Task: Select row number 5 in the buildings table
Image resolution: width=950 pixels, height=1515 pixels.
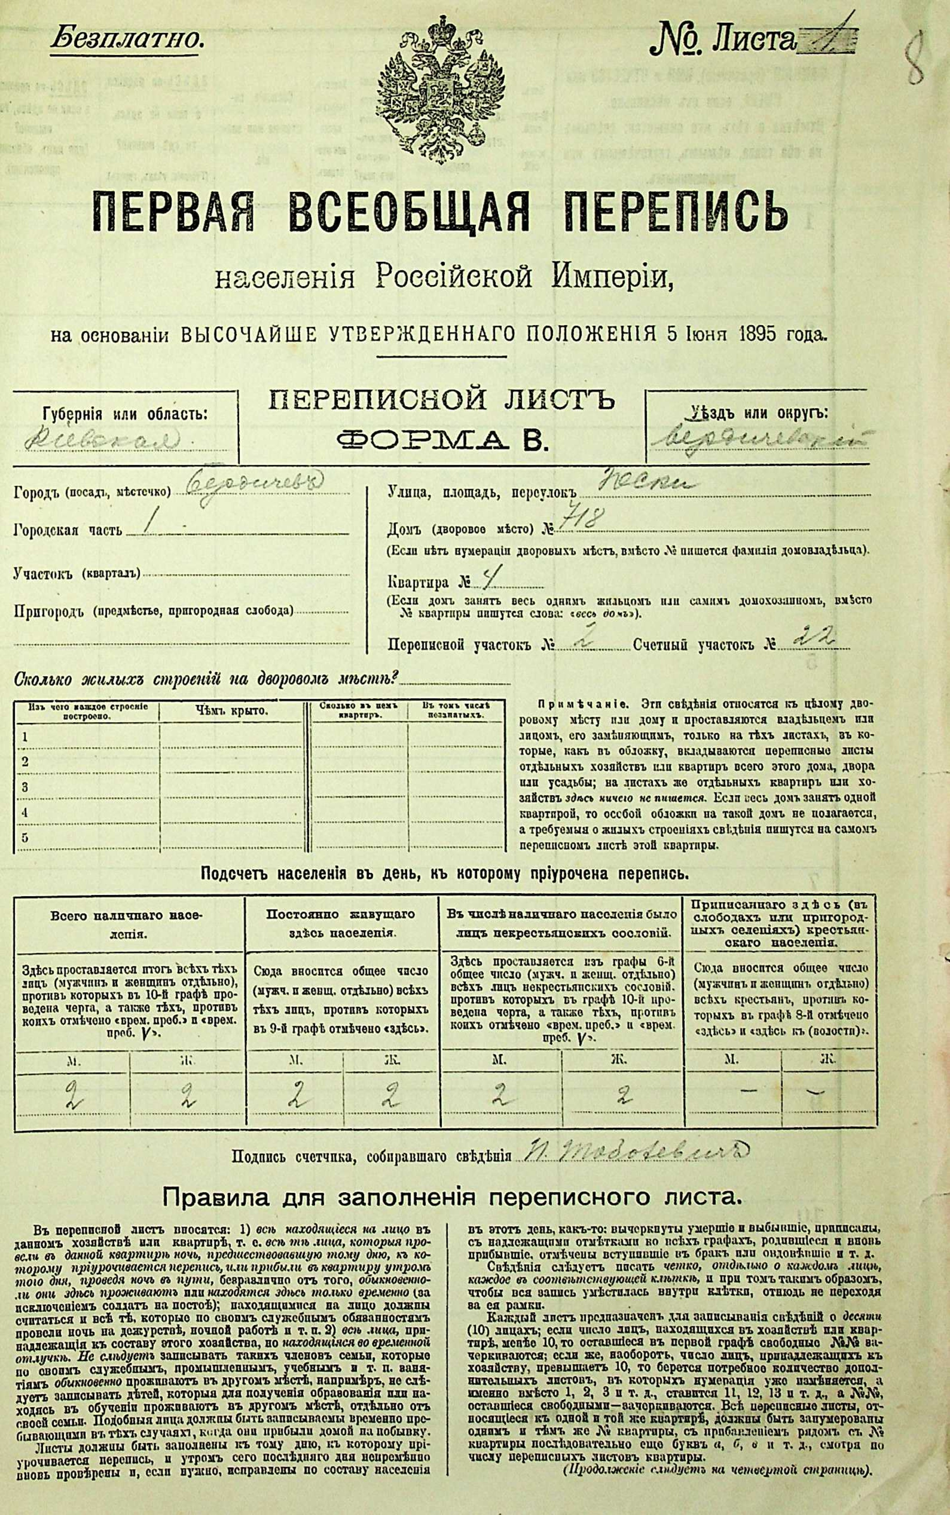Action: tap(25, 837)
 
